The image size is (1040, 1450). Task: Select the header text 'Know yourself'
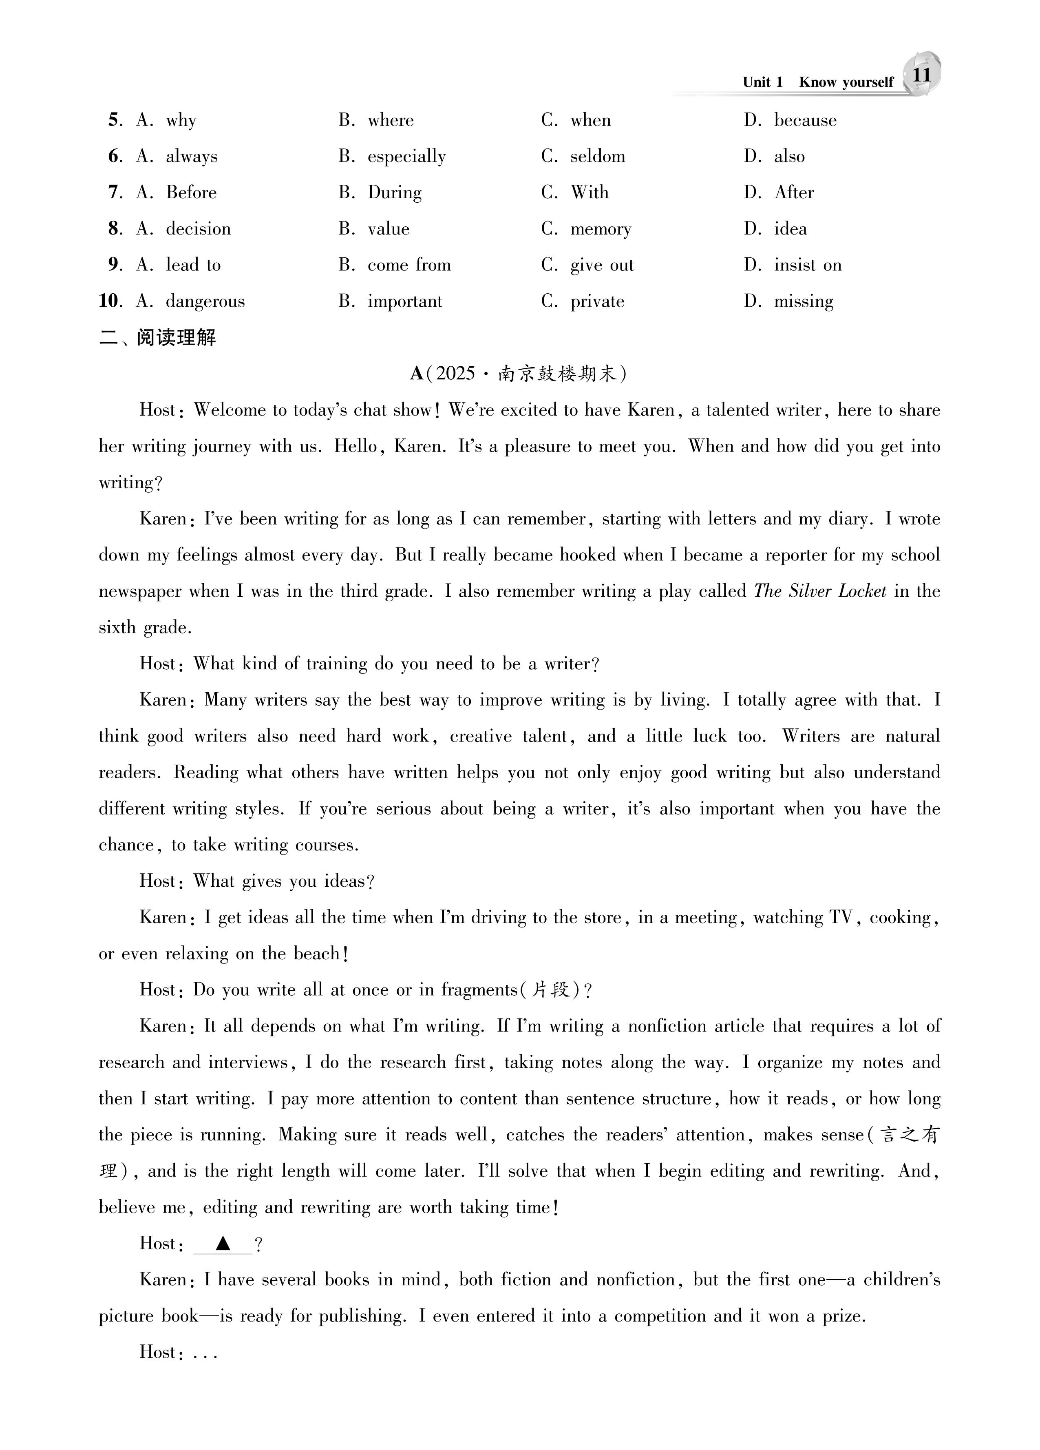846,82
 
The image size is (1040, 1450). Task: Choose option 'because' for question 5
805,120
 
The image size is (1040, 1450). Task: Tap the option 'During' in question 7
394,193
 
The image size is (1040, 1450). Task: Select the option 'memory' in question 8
600,229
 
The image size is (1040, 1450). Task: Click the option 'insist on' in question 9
807,265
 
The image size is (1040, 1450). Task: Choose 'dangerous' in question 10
205,302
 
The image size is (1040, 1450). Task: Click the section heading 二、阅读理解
158,338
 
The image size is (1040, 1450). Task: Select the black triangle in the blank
223,1244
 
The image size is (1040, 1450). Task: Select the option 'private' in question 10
597,302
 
